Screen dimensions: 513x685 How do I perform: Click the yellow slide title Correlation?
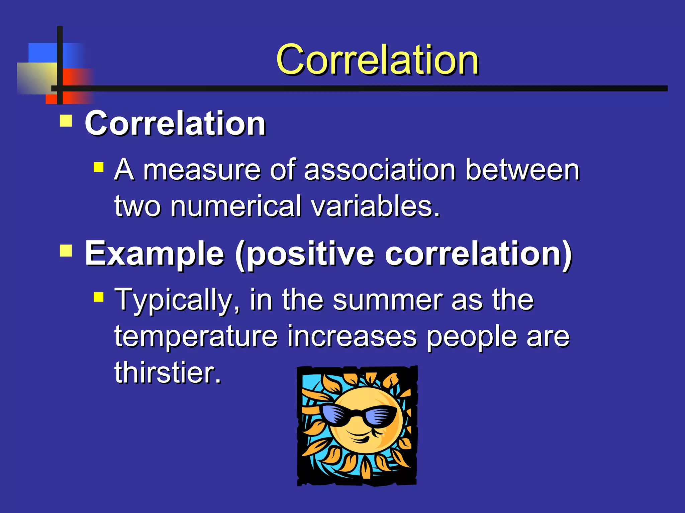[x=377, y=60]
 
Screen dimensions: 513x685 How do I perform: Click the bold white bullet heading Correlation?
[x=175, y=124]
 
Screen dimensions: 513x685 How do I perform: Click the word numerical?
[x=236, y=206]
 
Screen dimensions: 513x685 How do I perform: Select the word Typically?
[x=177, y=300]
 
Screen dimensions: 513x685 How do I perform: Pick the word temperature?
[x=196, y=337]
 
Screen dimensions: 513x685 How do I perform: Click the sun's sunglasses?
[x=357, y=416]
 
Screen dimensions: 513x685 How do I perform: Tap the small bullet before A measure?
[x=99, y=167]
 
